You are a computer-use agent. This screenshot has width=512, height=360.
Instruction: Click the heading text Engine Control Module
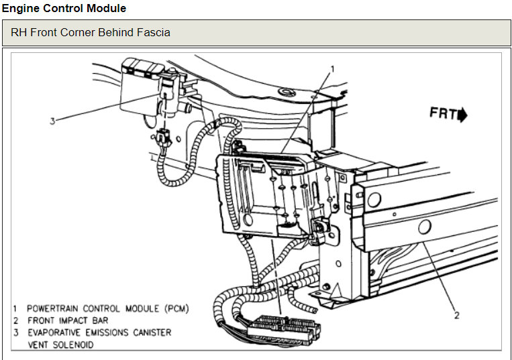click(x=64, y=9)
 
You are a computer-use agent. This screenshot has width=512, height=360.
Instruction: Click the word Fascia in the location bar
click(x=153, y=32)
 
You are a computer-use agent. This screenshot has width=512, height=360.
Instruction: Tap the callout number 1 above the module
click(x=333, y=68)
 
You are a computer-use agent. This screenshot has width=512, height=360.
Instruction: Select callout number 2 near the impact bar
click(x=456, y=315)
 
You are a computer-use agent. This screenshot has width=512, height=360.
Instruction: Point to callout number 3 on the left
click(x=51, y=121)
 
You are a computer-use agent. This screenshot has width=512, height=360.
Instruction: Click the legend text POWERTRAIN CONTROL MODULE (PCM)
click(x=107, y=308)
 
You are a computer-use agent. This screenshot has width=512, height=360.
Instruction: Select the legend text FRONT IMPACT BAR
click(x=67, y=320)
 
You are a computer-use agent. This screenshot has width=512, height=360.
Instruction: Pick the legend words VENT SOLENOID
click(x=60, y=345)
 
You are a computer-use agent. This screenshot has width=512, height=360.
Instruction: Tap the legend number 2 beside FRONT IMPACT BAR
click(x=15, y=320)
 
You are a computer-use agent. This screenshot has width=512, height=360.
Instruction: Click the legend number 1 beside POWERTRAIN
click(x=15, y=308)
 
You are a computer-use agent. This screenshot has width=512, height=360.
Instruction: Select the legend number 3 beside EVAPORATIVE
click(x=15, y=333)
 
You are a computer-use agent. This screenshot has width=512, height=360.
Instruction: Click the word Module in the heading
click(x=108, y=9)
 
